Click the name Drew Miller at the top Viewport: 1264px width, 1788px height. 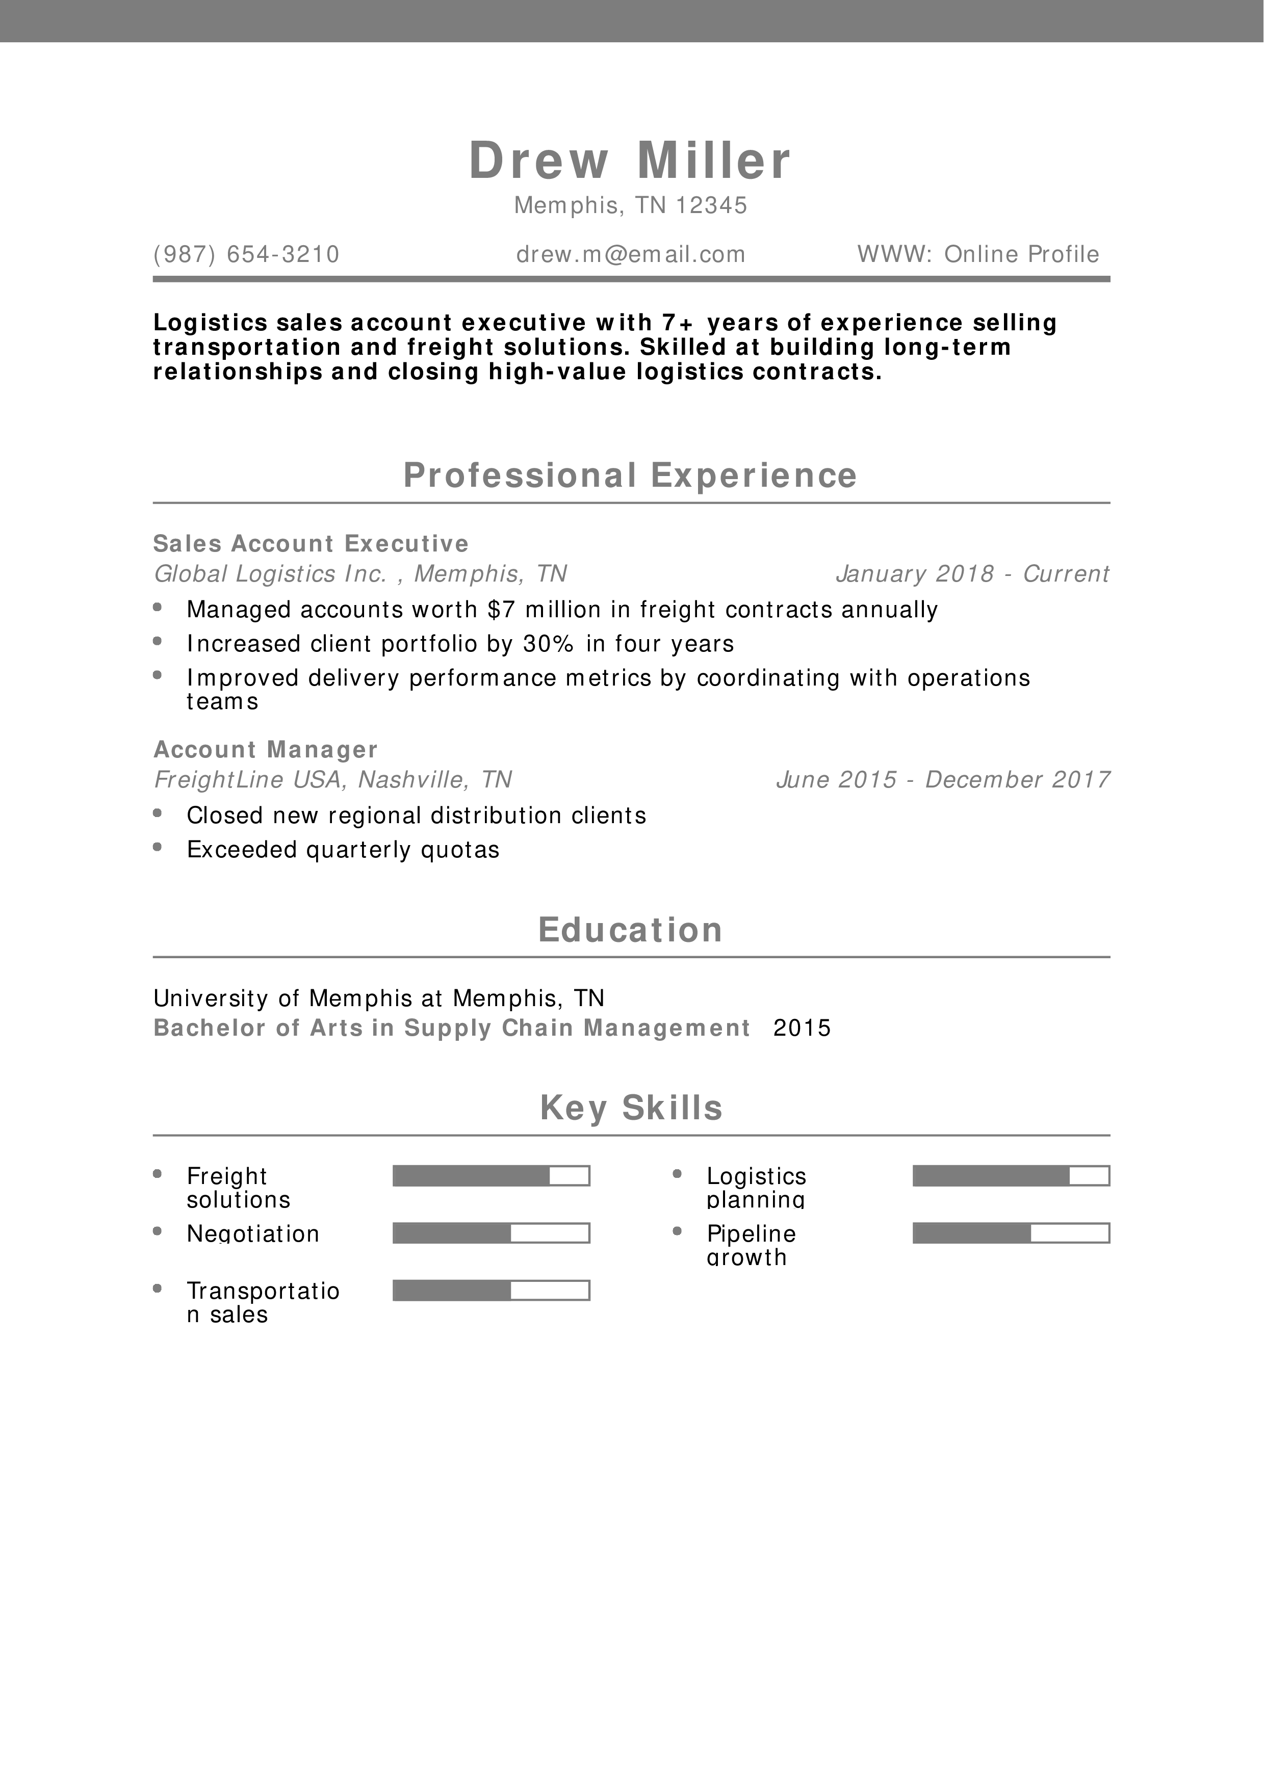[x=630, y=161]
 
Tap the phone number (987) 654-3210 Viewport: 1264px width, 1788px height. [x=246, y=255]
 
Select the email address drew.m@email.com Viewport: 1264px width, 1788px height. [x=631, y=255]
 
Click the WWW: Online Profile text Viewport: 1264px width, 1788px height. [x=978, y=255]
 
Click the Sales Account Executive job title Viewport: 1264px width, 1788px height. [x=311, y=543]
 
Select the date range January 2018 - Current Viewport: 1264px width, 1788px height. [x=972, y=574]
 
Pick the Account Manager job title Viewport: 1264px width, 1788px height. [x=266, y=749]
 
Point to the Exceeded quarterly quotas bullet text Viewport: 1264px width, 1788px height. [x=343, y=850]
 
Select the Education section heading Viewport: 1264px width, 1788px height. [x=630, y=930]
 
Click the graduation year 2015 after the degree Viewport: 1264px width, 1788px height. [x=802, y=1028]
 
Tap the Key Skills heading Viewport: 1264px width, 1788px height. [x=631, y=1108]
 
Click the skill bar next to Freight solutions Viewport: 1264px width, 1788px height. [x=491, y=1176]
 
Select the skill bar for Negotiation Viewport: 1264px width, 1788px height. [x=491, y=1233]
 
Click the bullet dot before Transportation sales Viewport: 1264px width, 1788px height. [x=158, y=1289]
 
